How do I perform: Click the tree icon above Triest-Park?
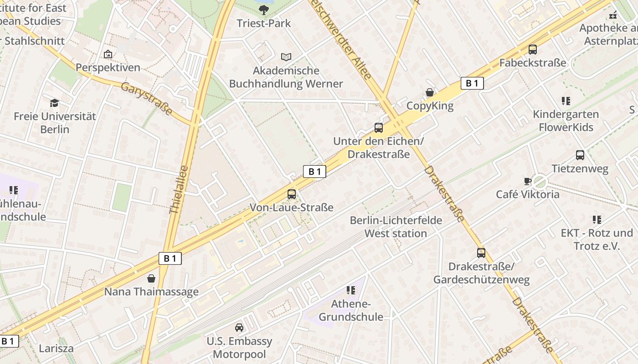(263, 10)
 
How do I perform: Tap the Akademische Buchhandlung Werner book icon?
(286, 57)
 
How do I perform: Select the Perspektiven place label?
(108, 67)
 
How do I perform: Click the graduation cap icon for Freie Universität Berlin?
(55, 103)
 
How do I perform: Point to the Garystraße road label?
(147, 99)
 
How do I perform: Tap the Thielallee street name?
(179, 190)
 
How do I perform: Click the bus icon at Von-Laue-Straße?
(292, 194)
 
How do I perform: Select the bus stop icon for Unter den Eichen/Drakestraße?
(379, 128)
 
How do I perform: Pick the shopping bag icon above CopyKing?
(430, 93)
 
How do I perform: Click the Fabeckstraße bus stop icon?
(533, 50)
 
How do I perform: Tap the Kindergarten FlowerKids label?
(566, 121)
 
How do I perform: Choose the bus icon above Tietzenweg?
(580, 155)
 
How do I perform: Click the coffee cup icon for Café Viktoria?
(528, 181)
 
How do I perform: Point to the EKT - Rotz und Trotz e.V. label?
(597, 240)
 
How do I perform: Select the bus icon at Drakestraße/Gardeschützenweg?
(481, 253)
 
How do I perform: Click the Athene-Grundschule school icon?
(351, 290)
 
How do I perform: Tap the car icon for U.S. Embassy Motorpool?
(239, 328)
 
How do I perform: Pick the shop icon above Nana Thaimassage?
(151, 278)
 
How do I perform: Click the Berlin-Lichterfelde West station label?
(396, 227)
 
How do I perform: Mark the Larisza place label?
(56, 349)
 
